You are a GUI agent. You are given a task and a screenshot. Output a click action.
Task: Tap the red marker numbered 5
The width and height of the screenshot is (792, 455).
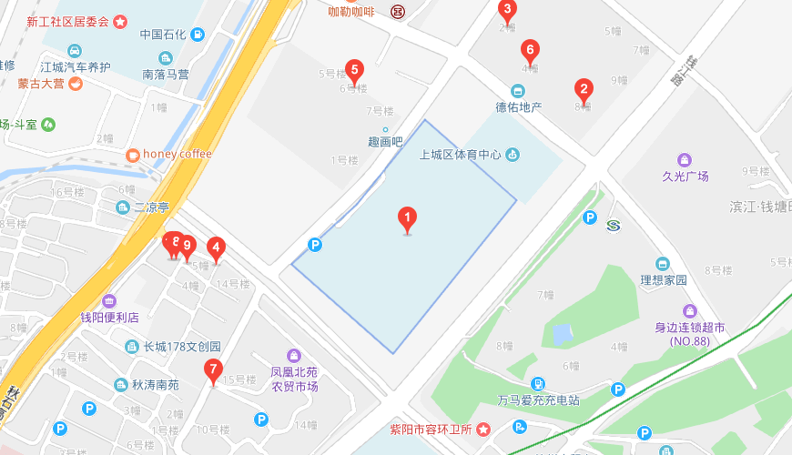pyautogui.click(x=355, y=70)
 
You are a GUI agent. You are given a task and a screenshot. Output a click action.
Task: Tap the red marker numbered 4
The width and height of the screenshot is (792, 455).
pyautogui.click(x=216, y=247)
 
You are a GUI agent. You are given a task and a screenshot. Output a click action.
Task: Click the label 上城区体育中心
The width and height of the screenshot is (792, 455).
pyautogui.click(x=461, y=155)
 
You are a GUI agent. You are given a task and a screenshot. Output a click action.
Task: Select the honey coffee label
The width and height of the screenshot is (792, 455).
pyautogui.click(x=177, y=154)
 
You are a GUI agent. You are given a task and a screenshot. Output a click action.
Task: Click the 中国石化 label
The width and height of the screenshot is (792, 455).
pyautogui.click(x=163, y=35)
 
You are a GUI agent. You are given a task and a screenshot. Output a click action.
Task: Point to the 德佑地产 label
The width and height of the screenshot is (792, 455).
pyautogui.click(x=518, y=106)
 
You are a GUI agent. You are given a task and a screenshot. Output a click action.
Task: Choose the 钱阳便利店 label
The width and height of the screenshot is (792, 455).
pyautogui.click(x=109, y=317)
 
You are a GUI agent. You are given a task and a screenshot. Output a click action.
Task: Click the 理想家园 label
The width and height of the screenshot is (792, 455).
pyautogui.click(x=663, y=279)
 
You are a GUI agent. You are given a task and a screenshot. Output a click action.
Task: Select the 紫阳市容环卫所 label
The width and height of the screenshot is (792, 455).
pyautogui.click(x=431, y=429)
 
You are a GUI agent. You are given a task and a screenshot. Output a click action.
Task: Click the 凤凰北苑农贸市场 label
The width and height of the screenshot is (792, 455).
pyautogui.click(x=293, y=379)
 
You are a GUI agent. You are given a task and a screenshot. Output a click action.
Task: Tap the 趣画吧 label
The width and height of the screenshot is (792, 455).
pyautogui.click(x=385, y=142)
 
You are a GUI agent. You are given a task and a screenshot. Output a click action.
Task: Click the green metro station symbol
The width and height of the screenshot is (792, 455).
pyautogui.click(x=613, y=225)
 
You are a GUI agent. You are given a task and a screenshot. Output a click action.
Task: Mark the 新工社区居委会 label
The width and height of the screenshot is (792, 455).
pyautogui.click(x=67, y=21)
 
